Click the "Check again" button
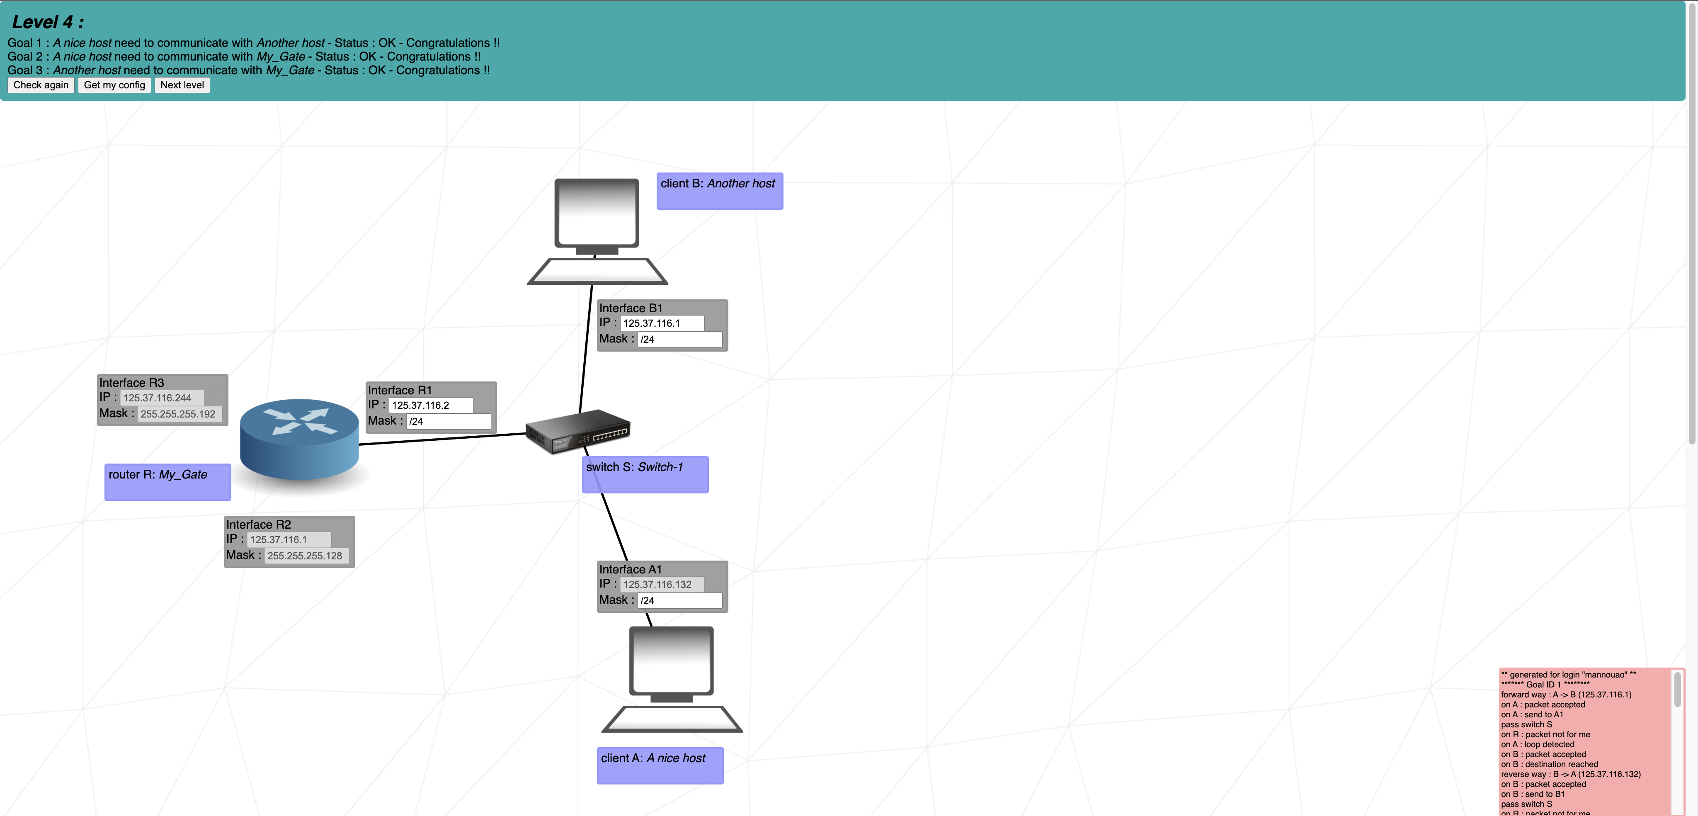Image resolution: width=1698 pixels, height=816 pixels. tap(41, 85)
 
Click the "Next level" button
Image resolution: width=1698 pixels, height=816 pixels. tap(182, 85)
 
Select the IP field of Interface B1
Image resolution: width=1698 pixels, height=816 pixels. tap(662, 323)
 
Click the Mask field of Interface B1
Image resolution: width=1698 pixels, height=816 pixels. tap(679, 340)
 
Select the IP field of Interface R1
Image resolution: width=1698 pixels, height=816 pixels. tap(430, 406)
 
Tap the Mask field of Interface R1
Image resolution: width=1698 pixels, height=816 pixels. tap(448, 422)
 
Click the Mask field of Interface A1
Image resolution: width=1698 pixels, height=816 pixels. tap(679, 600)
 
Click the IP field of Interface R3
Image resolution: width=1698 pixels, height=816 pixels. tap(162, 398)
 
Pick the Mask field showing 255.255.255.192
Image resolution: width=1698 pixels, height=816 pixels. tap(179, 414)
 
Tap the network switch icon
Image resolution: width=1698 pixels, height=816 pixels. tap(577, 432)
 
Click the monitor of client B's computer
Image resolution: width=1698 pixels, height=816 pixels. tap(597, 212)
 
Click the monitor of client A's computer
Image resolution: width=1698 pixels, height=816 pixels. tap(671, 661)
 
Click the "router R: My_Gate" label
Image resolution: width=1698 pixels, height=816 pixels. tap(167, 481)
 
